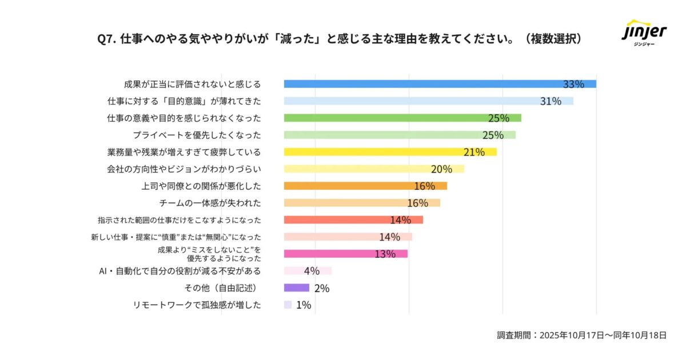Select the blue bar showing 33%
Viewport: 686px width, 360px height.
[x=423, y=84]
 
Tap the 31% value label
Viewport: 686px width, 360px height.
[x=551, y=101]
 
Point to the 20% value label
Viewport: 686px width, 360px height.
[x=441, y=169]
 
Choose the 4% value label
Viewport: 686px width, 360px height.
[x=312, y=271]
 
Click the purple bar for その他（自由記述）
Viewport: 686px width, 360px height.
[x=296, y=287]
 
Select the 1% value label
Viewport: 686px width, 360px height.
[x=304, y=305]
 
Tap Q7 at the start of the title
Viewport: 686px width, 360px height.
[x=107, y=39]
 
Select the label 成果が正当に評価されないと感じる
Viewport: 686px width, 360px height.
[x=192, y=84]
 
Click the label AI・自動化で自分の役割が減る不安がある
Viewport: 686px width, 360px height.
[x=180, y=271]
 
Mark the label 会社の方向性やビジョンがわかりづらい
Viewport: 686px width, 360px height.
[x=184, y=169]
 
